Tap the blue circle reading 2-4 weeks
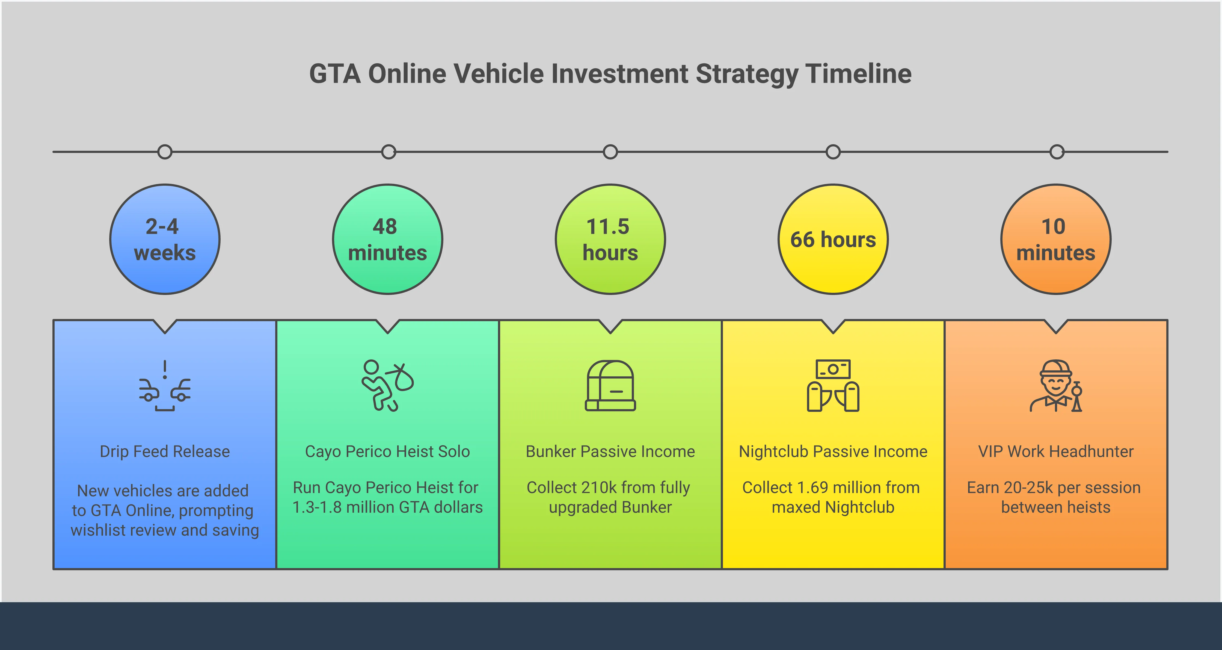coord(165,239)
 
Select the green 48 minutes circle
coord(388,239)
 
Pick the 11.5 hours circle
coord(610,239)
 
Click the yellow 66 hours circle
coord(833,239)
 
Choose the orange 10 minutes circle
coord(1056,239)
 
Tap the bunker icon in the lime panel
coord(610,385)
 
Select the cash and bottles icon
coord(833,385)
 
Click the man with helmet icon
coord(1056,385)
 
